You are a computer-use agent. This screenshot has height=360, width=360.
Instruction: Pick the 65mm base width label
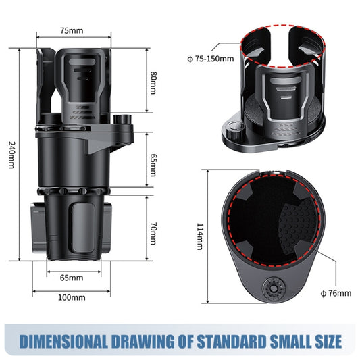[x=72, y=278]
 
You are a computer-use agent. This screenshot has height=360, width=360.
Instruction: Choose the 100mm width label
[x=72, y=297]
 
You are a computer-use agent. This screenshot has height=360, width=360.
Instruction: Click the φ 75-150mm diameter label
[x=210, y=59]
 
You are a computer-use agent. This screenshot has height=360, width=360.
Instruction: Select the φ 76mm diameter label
[x=336, y=292]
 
